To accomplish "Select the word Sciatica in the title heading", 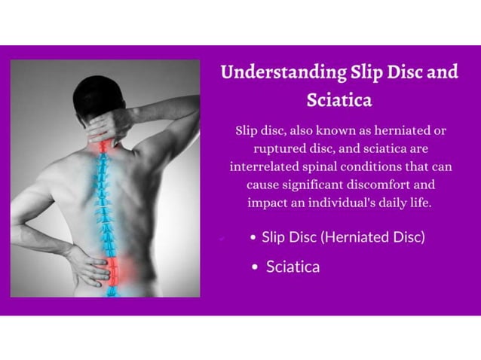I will (339, 99).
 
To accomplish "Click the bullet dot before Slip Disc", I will (253, 238).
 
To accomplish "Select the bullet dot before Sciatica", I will (256, 267).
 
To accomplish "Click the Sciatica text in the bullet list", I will (293, 267).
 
